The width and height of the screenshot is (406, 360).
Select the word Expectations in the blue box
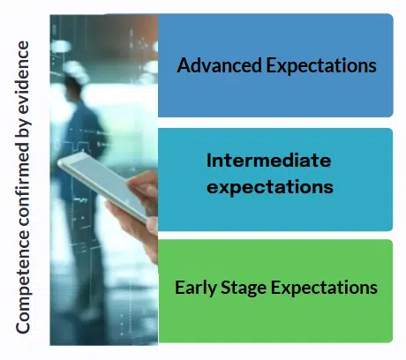pyautogui.click(x=319, y=66)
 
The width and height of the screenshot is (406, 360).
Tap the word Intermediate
pyautogui.click(x=268, y=161)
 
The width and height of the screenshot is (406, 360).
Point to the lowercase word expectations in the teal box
pyautogui.click(x=269, y=187)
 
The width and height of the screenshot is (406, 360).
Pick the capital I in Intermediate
pyautogui.click(x=209, y=161)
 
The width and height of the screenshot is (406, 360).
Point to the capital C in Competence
pyautogui.click(x=25, y=328)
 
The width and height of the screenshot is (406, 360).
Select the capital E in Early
pyautogui.click(x=179, y=288)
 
